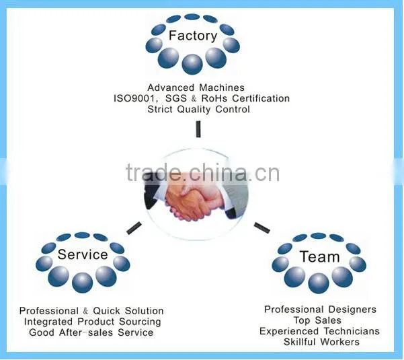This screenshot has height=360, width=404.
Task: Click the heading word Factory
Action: pos(193,36)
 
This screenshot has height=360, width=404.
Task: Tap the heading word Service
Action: pos(83,254)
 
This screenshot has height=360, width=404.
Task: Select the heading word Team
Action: pos(319,256)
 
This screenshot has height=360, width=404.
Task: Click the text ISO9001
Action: pos(134,98)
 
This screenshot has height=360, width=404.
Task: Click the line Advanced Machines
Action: pos(196,87)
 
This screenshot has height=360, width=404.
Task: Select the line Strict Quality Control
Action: pos(199,109)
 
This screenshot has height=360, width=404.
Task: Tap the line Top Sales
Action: pos(317,320)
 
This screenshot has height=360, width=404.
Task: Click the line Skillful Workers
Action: pos(321,342)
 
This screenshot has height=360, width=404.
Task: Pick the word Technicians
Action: pos(352,331)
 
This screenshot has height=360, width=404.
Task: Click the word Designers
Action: pos(352,310)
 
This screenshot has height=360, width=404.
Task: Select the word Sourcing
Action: pos(140,322)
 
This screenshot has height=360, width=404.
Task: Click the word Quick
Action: pos(106,311)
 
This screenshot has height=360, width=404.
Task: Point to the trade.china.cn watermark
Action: pos(202,172)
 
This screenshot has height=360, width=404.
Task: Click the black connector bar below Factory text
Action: pos(198,129)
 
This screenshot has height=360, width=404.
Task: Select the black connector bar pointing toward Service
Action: pos(134,228)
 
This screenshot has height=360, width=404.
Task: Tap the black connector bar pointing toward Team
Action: pos(261,227)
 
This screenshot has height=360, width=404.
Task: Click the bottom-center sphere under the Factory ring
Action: pos(192,65)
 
